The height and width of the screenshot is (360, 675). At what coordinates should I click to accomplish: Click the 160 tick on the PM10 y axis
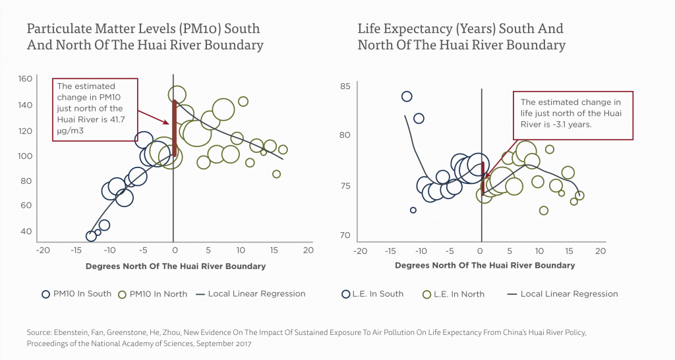[x=25, y=79]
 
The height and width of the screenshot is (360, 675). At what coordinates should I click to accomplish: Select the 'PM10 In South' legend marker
[x=45, y=294]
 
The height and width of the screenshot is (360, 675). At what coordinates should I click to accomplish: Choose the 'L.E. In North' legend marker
[x=426, y=294]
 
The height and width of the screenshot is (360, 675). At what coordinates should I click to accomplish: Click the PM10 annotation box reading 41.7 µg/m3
[x=95, y=109]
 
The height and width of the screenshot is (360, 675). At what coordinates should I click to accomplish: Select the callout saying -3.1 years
[x=572, y=115]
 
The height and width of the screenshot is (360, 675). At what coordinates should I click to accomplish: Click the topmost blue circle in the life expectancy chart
[x=407, y=96]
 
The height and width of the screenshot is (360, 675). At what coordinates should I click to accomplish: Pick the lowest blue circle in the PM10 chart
[x=91, y=235]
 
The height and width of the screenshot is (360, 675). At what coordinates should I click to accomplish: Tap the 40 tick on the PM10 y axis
[x=25, y=231]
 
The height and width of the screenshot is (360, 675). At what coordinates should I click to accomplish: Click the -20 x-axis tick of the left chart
[x=43, y=251]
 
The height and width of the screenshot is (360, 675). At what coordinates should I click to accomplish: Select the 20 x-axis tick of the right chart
[x=600, y=251]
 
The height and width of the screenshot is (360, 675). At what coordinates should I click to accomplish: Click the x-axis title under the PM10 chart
[x=175, y=266]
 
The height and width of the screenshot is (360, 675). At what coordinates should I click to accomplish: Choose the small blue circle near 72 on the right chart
[x=413, y=210]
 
